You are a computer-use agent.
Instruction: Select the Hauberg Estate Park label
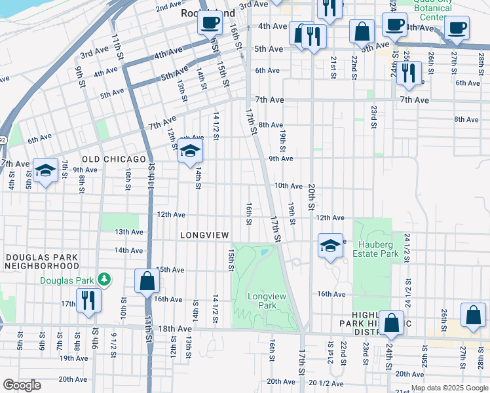[x=375, y=249]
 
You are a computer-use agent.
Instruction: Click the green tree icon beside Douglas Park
[x=104, y=280]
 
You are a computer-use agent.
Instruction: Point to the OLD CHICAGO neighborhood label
[x=113, y=159]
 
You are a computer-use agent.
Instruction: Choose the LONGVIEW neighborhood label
[x=204, y=235]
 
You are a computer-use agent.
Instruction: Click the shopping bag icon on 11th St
[x=147, y=281]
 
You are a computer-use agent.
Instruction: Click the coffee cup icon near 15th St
[x=210, y=23]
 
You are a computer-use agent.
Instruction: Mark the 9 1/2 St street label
[x=113, y=345]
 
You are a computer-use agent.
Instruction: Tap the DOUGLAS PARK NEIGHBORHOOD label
[x=40, y=261]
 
